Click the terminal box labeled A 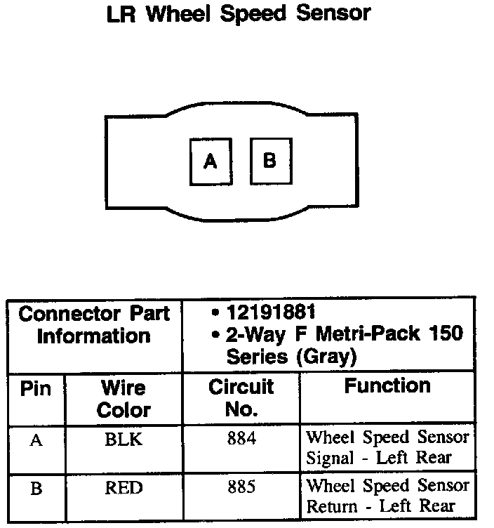coord(211,161)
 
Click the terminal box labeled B coord(270,160)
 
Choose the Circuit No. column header coord(241,398)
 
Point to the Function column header coord(387,385)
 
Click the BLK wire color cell coord(123,440)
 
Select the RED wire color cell coord(123,488)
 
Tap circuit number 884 coord(241,440)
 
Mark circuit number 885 coord(241,487)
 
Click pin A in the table coord(36,441)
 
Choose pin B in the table coord(36,489)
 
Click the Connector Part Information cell coord(94,324)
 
